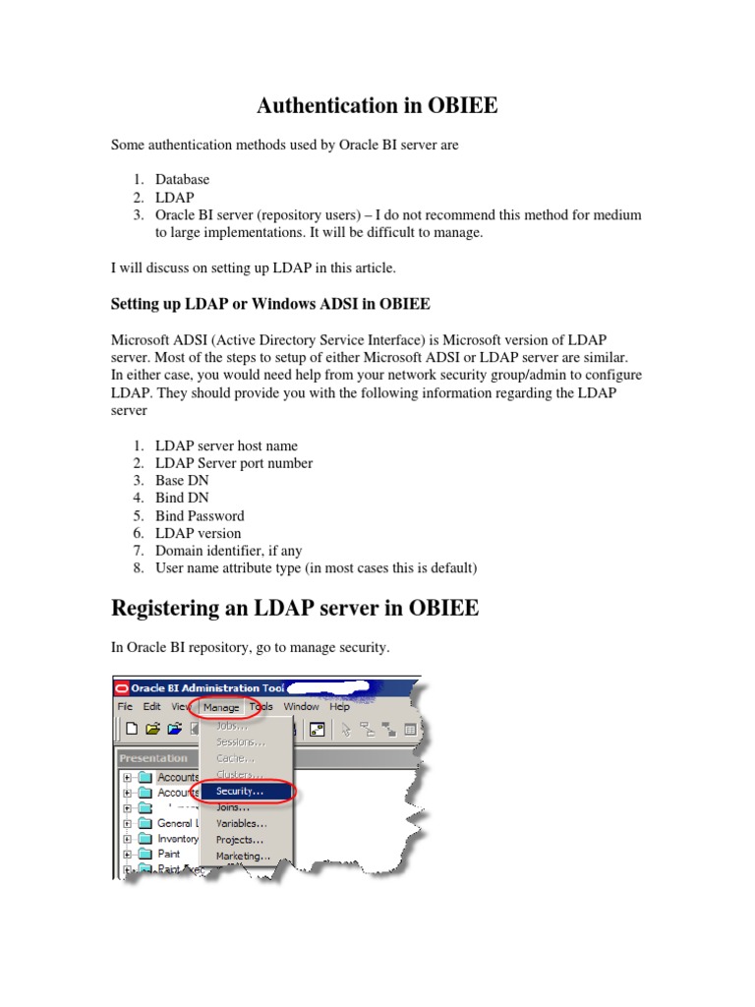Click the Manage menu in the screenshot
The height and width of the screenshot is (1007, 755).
(x=221, y=706)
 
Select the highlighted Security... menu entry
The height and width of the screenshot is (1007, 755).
(x=240, y=791)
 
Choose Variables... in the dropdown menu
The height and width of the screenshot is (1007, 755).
(x=242, y=823)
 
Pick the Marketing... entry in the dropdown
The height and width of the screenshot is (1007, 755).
(x=243, y=856)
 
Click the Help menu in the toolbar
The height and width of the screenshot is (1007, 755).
(x=339, y=706)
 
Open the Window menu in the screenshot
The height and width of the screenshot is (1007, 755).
(x=302, y=706)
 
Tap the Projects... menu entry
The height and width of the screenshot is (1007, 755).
(x=240, y=840)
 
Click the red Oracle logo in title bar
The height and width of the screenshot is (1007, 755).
(x=123, y=688)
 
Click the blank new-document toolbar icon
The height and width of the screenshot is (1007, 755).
(x=131, y=729)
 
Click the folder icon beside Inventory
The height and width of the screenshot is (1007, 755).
(x=145, y=839)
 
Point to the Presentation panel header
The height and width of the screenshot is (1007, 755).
(x=153, y=758)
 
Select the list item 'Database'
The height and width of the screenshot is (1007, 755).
(x=182, y=180)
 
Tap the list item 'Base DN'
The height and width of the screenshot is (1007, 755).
(x=182, y=481)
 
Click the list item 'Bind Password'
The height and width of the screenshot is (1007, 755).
(x=200, y=515)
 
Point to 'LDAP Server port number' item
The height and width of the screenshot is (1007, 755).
(x=234, y=463)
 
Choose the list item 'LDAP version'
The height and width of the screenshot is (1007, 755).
(x=198, y=533)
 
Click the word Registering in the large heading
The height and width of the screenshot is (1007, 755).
(x=171, y=608)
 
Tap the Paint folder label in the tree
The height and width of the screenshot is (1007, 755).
(x=169, y=854)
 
